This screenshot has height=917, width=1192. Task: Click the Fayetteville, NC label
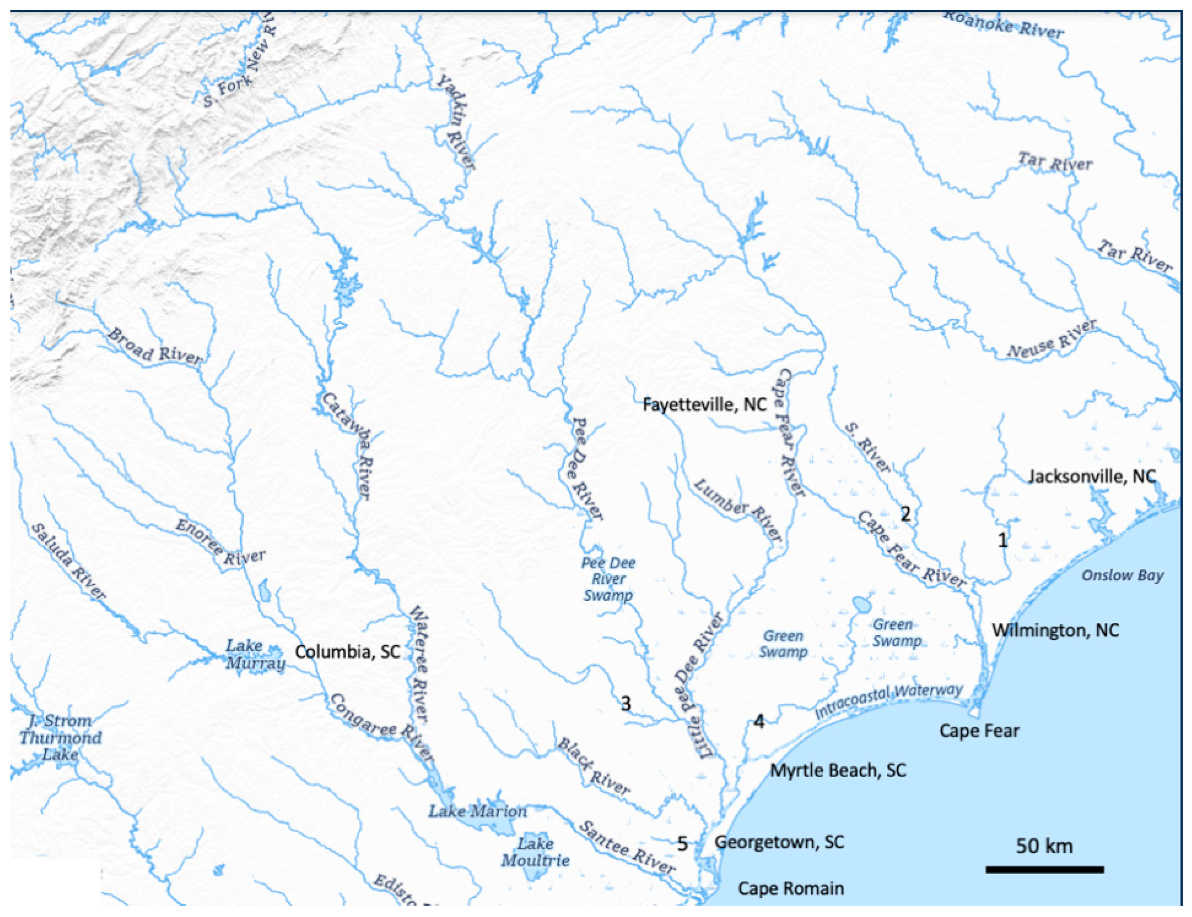(x=704, y=404)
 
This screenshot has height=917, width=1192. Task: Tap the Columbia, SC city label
(x=348, y=651)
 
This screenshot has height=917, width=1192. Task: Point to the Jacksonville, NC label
(x=1092, y=476)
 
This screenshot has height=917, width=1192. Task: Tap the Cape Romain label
(x=790, y=888)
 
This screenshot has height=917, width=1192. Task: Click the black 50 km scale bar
(x=1044, y=869)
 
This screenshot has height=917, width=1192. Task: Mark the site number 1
(x=1003, y=540)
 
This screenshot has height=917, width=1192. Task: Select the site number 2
(x=905, y=514)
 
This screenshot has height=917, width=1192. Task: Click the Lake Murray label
(x=255, y=654)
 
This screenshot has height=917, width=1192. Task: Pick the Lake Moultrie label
(x=535, y=852)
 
